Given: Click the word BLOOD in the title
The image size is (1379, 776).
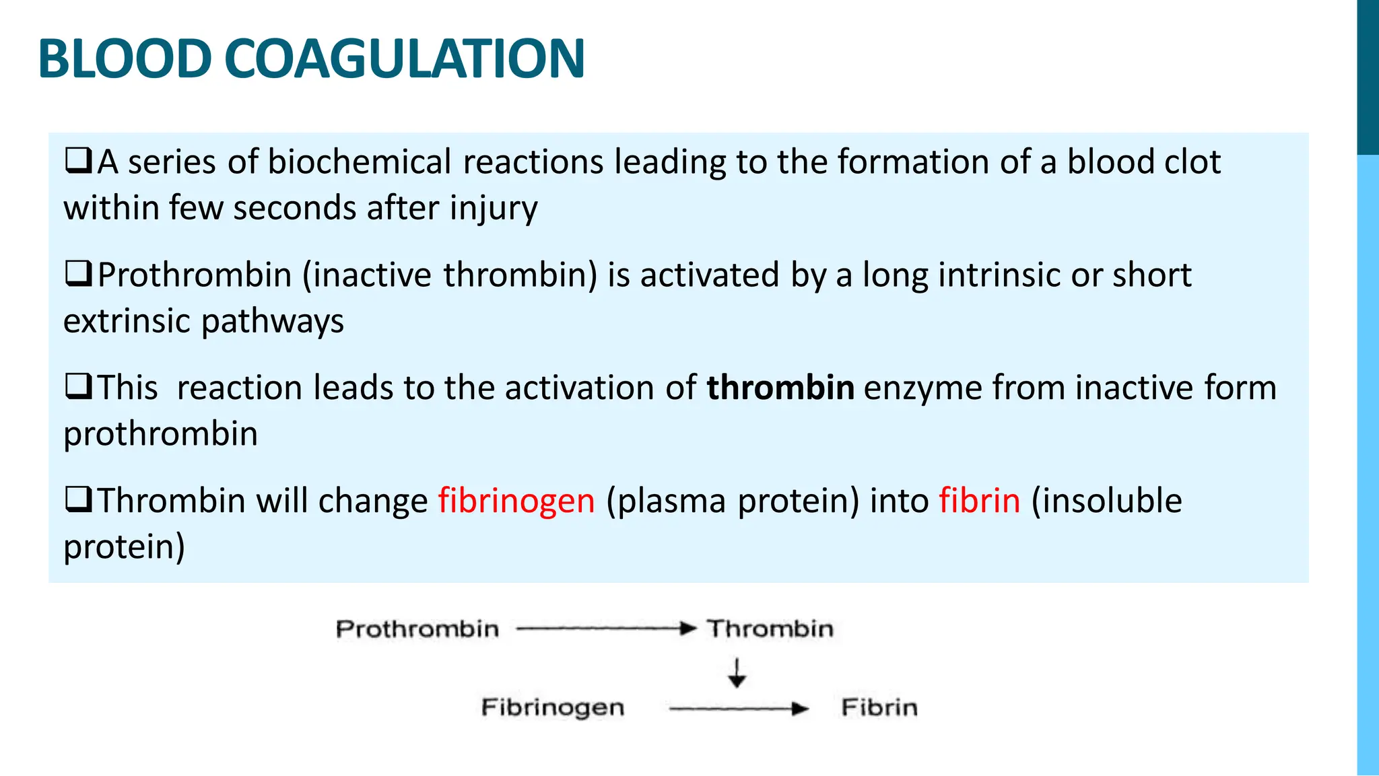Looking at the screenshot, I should (125, 59).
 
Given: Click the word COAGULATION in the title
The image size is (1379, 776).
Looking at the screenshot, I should (409, 59).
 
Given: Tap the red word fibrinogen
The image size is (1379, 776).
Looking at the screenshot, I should (516, 501).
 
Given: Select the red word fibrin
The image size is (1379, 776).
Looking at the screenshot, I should (980, 501).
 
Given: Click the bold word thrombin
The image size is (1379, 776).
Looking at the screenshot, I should (780, 388).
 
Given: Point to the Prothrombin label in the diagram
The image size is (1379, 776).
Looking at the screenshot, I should (417, 629).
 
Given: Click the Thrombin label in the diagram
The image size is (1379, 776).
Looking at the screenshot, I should (770, 629).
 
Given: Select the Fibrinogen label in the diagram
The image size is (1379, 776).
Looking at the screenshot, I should (553, 707).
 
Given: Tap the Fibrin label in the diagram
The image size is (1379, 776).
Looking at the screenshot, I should (879, 707).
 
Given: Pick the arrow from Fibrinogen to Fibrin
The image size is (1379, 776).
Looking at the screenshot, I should (738, 709).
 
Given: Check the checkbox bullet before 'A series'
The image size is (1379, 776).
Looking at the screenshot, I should (78, 162).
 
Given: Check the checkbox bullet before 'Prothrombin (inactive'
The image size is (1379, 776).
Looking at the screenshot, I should (78, 275).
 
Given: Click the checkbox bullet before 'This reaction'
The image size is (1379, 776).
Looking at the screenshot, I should (78, 388).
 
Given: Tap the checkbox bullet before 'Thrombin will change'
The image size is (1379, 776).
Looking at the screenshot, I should (78, 501).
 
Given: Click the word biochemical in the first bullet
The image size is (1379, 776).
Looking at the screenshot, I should (360, 162).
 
